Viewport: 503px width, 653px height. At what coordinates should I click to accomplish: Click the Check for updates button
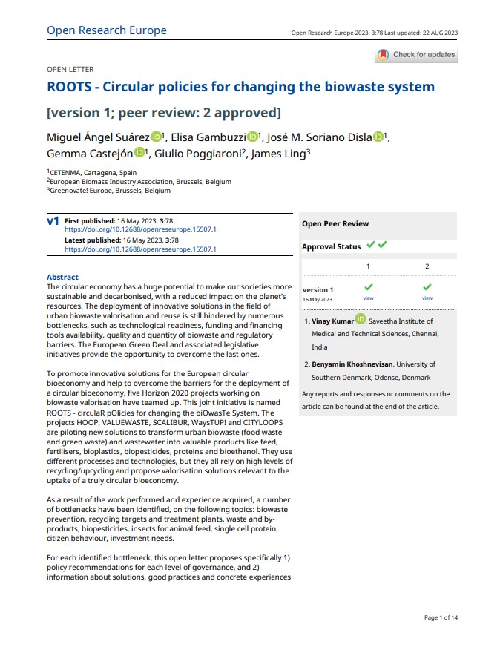[x=416, y=54]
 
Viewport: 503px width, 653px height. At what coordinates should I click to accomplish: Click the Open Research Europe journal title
[x=106, y=30]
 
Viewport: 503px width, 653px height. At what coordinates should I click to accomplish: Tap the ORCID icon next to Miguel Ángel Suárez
[x=156, y=137]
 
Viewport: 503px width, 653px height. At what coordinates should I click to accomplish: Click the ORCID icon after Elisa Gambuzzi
[x=252, y=137]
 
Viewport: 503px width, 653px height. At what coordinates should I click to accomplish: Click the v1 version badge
[x=53, y=221]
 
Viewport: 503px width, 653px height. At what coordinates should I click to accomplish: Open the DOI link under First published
[x=140, y=230]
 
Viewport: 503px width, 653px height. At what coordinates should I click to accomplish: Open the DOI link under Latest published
[x=140, y=249]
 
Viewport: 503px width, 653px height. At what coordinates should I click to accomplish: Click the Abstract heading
[x=62, y=278]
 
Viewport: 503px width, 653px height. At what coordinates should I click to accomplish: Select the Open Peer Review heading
[x=335, y=223]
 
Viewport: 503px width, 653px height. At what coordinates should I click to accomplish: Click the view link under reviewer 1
[x=368, y=298]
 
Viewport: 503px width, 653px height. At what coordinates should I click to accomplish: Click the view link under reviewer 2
[x=427, y=298]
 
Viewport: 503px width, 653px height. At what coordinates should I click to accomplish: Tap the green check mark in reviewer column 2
[x=427, y=287]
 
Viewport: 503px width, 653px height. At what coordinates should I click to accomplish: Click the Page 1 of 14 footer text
[x=441, y=617]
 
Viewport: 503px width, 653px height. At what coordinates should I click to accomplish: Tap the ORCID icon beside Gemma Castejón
[x=140, y=153]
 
